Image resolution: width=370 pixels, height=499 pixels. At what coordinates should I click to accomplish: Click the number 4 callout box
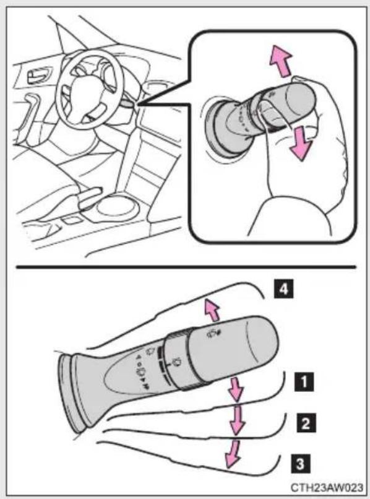pos(284,289)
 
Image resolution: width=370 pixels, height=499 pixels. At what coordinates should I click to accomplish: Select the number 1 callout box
pos(304,381)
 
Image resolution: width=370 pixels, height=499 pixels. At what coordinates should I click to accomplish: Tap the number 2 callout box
pos(306,423)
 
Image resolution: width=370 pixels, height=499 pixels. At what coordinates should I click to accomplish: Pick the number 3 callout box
pos(300,464)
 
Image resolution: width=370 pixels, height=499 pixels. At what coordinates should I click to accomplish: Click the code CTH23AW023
pos(327,487)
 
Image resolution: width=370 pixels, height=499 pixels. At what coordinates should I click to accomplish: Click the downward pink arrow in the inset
pos(300,142)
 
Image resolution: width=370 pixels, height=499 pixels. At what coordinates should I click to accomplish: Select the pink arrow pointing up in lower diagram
pos(212,310)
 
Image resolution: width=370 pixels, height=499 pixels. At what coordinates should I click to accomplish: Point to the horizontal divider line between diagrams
pos(186,267)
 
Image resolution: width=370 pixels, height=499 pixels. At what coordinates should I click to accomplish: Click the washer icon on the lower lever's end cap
pos(212,334)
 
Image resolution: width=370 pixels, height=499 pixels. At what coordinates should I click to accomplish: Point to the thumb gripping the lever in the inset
pos(273,116)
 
